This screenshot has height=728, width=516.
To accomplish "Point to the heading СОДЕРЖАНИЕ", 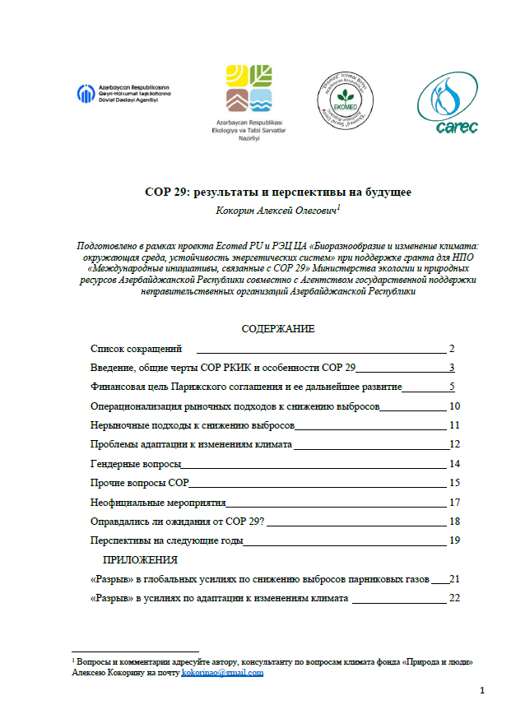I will [277, 329].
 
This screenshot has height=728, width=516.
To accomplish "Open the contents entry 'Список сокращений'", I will [136, 349].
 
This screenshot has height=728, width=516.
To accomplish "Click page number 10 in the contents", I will [453, 406].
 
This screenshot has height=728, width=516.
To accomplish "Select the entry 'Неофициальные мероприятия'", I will [157, 502].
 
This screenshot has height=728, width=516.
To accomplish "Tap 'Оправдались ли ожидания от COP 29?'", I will [182, 522].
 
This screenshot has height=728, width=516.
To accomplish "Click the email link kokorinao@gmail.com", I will [222, 673].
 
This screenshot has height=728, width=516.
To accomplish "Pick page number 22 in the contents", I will [453, 598].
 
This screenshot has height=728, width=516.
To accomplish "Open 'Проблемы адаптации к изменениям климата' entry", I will [191, 445].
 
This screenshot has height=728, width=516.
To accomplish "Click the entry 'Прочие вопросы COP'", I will [139, 483].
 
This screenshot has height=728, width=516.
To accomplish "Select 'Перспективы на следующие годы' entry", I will [165, 540].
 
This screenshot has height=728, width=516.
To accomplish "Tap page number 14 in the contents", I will [453, 464].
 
